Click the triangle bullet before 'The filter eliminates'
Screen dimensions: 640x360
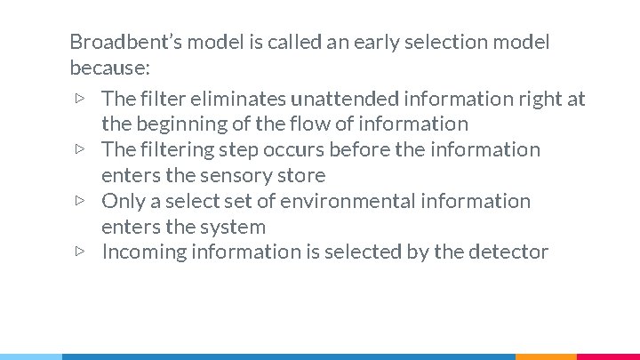click(x=80, y=99)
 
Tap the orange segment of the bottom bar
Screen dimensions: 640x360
click(x=546, y=356)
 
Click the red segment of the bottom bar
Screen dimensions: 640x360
click(x=608, y=356)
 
